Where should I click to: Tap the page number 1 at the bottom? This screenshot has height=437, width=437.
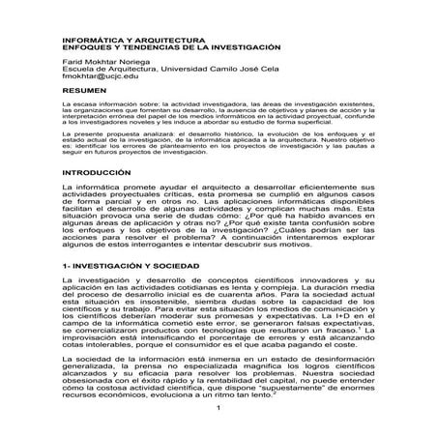coord(219,419)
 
